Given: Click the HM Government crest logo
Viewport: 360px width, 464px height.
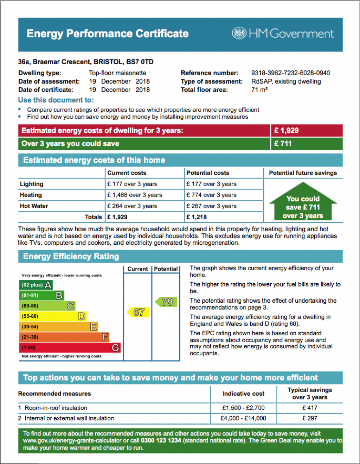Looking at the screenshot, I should pyautogui.click(x=239, y=33).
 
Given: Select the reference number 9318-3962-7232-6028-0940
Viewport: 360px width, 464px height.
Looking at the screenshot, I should pyautogui.click(x=290, y=73).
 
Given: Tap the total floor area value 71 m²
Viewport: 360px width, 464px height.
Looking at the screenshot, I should pyautogui.click(x=259, y=90).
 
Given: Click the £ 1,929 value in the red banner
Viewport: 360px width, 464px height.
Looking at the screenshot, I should pyautogui.click(x=287, y=131).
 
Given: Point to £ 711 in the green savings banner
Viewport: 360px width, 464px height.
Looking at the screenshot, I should pyautogui.click(x=283, y=144).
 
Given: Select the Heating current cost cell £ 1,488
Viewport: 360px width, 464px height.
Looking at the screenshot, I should pyautogui.click(x=135, y=195).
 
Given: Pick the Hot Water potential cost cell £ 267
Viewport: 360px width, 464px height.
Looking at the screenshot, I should pyautogui.click(x=211, y=206).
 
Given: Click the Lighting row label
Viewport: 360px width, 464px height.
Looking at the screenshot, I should pyautogui.click(x=32, y=184).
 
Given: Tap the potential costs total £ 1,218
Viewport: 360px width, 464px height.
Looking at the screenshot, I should pyautogui.click(x=197, y=217).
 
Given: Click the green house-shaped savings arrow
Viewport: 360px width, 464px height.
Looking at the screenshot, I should pyautogui.click(x=303, y=202).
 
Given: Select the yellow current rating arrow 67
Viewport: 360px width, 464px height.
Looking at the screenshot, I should pyautogui.click(x=138, y=312).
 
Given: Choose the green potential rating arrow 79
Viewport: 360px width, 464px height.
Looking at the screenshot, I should pyautogui.click(x=166, y=302).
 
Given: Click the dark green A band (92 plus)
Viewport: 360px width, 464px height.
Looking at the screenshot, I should pyautogui.click(x=36, y=285).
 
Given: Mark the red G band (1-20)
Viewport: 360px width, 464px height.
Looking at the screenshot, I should pyautogui.click(x=70, y=348).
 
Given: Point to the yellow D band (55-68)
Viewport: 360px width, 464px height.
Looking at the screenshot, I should pyautogui.click(x=52, y=316).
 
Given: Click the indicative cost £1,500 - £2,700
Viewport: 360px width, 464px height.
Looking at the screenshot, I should pyautogui.click(x=243, y=408).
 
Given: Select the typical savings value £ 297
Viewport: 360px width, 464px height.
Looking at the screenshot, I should pyautogui.click(x=310, y=418).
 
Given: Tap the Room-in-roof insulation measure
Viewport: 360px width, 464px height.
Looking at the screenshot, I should pyautogui.click(x=56, y=408).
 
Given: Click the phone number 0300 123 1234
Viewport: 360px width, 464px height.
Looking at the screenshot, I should pyautogui.click(x=161, y=440).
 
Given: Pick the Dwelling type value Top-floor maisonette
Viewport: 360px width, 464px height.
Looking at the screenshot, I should pyautogui.click(x=117, y=73).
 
